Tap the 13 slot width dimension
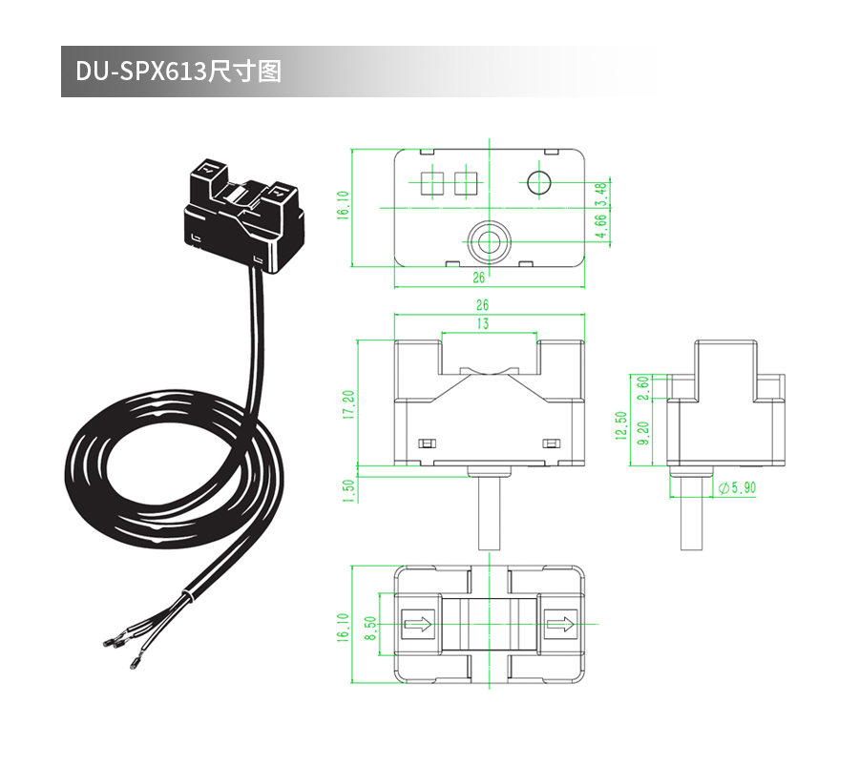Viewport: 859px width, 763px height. click(x=483, y=324)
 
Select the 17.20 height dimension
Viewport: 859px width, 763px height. click(x=349, y=404)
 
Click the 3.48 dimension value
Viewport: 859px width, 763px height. click(x=600, y=193)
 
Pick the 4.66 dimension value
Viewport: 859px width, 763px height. click(x=600, y=225)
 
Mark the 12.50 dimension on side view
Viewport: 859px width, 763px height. click(x=622, y=425)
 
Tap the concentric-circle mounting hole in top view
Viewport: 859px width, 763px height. click(x=489, y=240)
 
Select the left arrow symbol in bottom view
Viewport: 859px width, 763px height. click(x=418, y=626)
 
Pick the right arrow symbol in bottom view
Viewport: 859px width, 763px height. click(x=560, y=626)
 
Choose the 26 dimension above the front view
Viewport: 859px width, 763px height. click(x=482, y=305)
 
